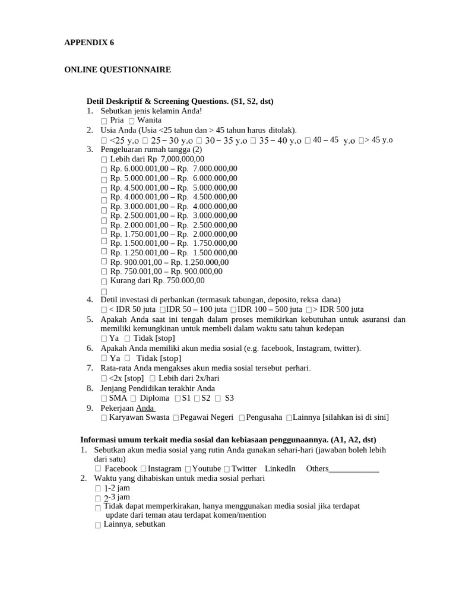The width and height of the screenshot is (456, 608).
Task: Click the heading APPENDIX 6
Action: pyautogui.click(x=88, y=43)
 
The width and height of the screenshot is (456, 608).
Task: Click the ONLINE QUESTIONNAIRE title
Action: pyautogui.click(x=117, y=70)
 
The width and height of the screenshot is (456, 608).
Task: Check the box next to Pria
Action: pyautogui.click(x=104, y=121)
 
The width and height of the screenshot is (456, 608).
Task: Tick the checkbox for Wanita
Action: pyautogui.click(x=131, y=121)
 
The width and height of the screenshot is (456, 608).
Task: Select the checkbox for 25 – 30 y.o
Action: pyautogui.click(x=145, y=141)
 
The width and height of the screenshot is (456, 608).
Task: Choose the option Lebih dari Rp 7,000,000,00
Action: pyautogui.click(x=104, y=160)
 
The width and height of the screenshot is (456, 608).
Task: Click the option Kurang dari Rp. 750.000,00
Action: pyautogui.click(x=104, y=281)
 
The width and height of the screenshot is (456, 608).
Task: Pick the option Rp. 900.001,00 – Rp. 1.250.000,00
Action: pyautogui.click(x=104, y=261)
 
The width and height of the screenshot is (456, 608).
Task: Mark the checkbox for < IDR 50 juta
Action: pyautogui.click(x=104, y=310)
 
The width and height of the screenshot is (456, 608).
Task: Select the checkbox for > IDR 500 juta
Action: pyautogui.click(x=309, y=310)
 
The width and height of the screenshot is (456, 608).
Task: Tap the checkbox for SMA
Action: pyautogui.click(x=104, y=398)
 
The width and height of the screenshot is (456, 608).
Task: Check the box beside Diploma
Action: pyautogui.click(x=133, y=398)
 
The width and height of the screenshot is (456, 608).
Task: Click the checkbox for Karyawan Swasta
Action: pyautogui.click(x=104, y=418)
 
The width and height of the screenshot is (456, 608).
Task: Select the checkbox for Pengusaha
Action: pyautogui.click(x=242, y=418)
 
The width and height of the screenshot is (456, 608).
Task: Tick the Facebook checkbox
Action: pyautogui.click(x=98, y=468)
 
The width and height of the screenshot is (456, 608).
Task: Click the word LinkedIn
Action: pyautogui.click(x=280, y=468)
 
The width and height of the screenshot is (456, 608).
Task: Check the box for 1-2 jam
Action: pyautogui.click(x=98, y=488)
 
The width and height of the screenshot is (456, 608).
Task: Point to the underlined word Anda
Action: pyautogui.click(x=145, y=408)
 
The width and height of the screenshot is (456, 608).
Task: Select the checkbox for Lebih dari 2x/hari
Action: pyautogui.click(x=153, y=378)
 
